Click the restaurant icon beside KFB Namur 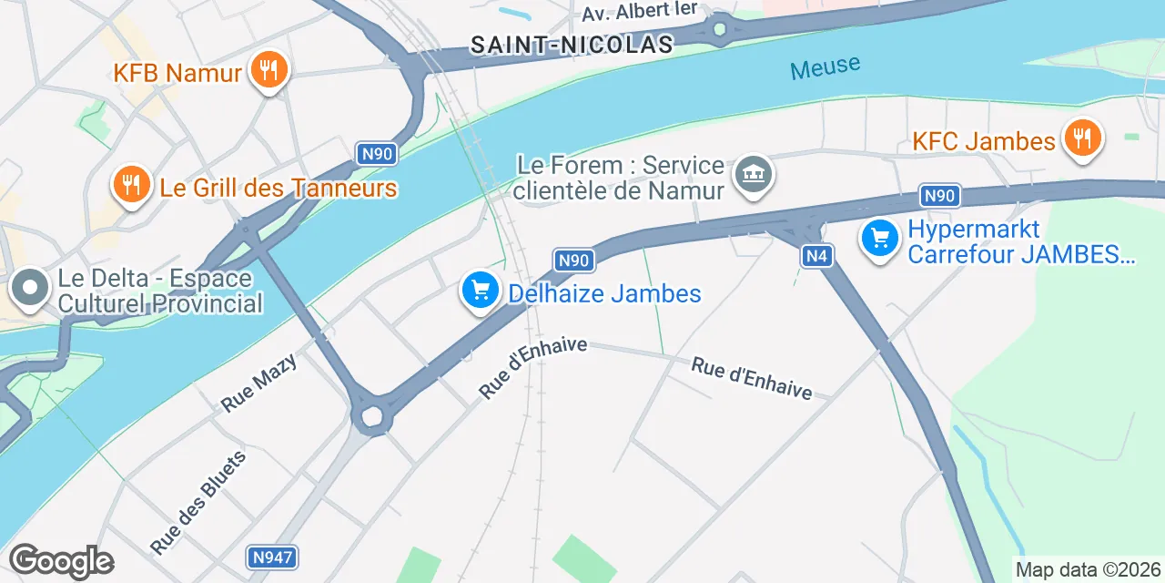pos(268,69)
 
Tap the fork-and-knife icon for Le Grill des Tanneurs pos(132,185)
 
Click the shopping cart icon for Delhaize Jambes pos(480,291)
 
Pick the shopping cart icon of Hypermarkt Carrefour pos(880,239)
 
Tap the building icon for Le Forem pos(753,174)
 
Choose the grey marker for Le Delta pos(30,288)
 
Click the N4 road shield pos(817,257)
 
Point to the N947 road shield pos(272,556)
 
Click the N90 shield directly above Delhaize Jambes pos(574,261)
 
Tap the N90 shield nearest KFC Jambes pos(938,196)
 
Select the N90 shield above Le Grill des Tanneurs pos(376,154)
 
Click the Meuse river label pos(825,66)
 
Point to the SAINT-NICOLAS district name pos(572,44)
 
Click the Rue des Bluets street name pos(198,502)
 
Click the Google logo pos(61,561)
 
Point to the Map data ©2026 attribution pos(1089,570)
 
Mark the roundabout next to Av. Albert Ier pos(720,30)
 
